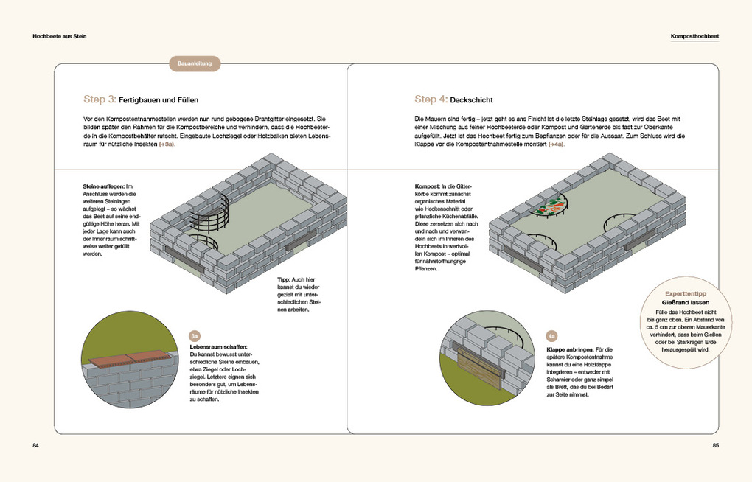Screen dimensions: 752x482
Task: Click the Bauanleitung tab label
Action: coord(194,63)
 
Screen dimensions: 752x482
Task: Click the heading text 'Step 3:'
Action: coord(100,99)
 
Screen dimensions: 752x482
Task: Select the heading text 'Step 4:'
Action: coord(431,99)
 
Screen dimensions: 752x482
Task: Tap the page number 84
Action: coord(35,446)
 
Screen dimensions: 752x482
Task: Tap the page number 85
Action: coord(716,446)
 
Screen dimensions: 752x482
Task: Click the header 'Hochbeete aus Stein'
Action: coord(60,36)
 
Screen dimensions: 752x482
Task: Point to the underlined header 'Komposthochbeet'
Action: coord(695,36)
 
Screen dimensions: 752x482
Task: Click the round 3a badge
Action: coord(195,336)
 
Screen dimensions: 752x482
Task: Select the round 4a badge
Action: coord(551,336)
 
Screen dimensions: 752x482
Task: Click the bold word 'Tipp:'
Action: coord(283,279)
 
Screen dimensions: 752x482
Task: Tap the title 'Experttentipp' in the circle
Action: coord(686,293)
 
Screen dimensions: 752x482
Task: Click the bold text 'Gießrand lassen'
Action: coord(686,303)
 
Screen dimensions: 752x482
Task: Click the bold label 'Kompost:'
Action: coord(428,186)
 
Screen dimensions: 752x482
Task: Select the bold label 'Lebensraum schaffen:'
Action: coord(219,346)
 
